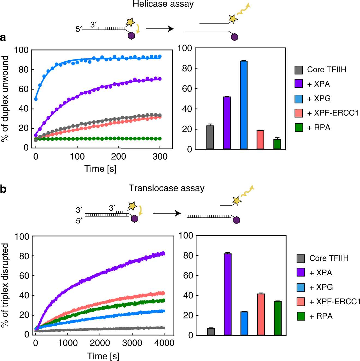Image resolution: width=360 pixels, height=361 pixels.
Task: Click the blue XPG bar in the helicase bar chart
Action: [x=244, y=105]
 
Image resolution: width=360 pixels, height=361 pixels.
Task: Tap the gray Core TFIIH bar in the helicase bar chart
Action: [x=210, y=137]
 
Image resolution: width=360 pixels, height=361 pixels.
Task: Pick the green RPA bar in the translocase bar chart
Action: [x=278, y=318]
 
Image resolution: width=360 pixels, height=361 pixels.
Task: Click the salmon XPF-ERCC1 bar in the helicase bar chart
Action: [x=260, y=140]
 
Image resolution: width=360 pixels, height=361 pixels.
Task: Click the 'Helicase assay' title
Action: [x=163, y=4]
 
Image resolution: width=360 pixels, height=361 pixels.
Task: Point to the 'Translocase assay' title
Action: [x=166, y=188]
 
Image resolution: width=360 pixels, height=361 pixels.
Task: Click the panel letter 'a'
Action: [x=3, y=37]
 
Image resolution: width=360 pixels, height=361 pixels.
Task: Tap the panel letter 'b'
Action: [x=3, y=189]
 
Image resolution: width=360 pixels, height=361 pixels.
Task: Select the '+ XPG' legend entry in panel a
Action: [x=319, y=99]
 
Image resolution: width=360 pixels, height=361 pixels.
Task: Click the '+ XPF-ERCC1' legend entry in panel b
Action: [x=335, y=302]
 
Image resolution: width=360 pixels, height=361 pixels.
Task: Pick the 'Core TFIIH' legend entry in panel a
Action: [x=326, y=70]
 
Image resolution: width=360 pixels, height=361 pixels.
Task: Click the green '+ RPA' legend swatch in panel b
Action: [x=301, y=316]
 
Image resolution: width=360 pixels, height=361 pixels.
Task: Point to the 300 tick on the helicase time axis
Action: [x=160, y=157]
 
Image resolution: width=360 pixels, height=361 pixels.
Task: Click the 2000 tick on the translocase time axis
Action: [x=100, y=343]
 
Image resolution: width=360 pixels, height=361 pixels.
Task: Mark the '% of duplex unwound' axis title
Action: [x=5, y=99]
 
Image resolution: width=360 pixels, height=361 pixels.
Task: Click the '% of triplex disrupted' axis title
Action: [x=5, y=285]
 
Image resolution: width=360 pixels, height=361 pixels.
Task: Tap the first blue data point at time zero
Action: [x=36, y=99]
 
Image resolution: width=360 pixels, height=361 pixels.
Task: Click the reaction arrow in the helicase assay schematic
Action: [x=160, y=29]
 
